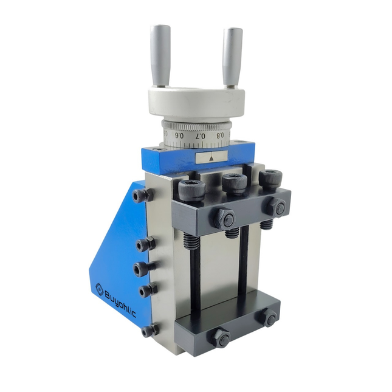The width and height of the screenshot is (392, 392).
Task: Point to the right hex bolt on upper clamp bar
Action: pyautogui.click(x=278, y=207)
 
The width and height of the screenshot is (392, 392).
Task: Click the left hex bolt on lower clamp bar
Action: pyautogui.click(x=220, y=338)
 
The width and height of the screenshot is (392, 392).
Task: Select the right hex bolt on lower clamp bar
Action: pyautogui.click(x=269, y=318)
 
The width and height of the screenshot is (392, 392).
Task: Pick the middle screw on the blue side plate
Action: pyautogui.click(x=143, y=268)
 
